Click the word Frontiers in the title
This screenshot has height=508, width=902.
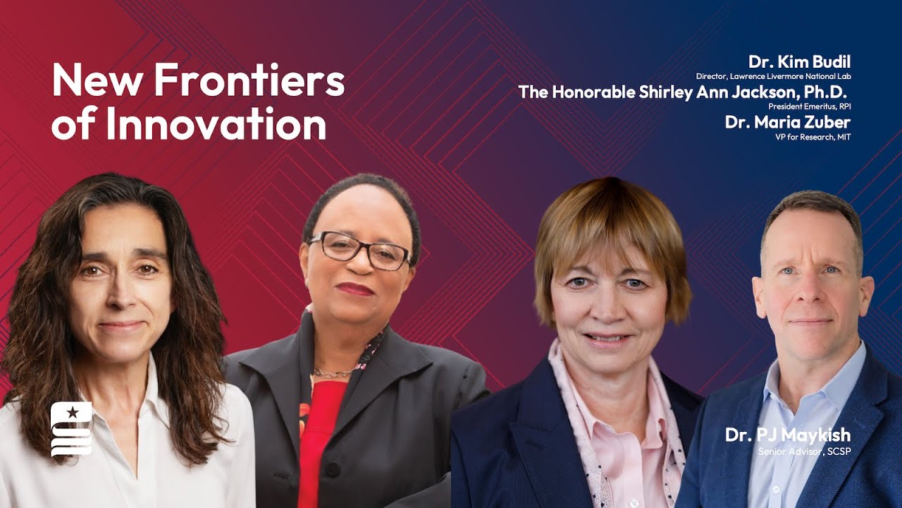[249, 80]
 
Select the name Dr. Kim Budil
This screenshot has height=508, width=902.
[799, 61]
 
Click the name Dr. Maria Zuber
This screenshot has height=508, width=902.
[787, 121]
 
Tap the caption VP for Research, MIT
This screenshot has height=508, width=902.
[813, 137]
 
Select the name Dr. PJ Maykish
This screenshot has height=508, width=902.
[787, 435]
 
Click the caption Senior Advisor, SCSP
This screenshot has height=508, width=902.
[803, 450]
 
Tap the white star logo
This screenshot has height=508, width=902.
[71, 412]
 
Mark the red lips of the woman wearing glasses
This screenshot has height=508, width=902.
[354, 289]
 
